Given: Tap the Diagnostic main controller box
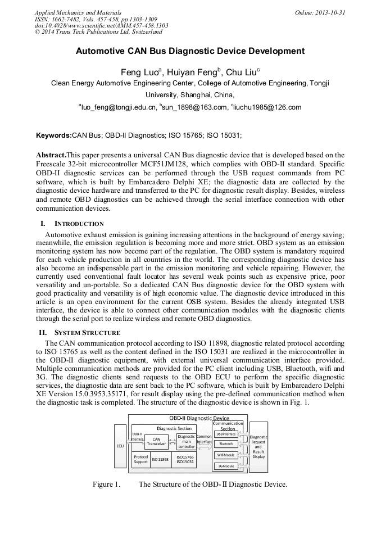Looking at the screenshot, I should coord(186,441).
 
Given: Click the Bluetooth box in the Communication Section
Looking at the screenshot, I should coord(226,443).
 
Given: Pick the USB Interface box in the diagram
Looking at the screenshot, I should coord(226,433).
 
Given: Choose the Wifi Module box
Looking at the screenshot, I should coord(226,455).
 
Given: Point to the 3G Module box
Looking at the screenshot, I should coord(226,466).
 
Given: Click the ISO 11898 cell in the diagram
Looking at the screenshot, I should coord(160,459).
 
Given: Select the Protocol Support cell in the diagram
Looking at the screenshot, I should coord(140,459).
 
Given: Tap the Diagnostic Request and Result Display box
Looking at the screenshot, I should coord(258,447).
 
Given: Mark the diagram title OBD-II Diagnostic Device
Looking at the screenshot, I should coord(199,418).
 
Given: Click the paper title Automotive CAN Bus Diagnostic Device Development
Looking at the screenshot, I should coord(190,51).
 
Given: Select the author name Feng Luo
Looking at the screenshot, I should coord(140,73).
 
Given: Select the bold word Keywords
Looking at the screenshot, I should coord(54,135).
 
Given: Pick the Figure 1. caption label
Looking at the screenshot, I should coord(106,484).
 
